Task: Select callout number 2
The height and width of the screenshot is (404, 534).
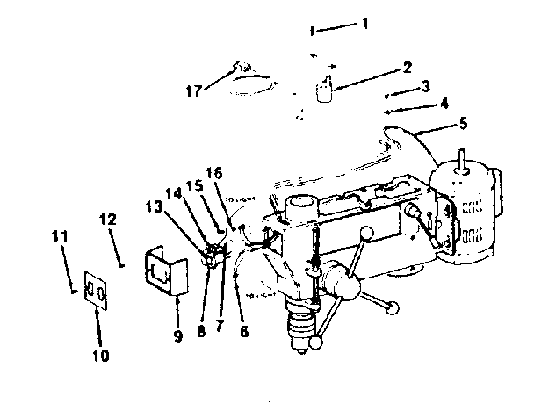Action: tap(408, 67)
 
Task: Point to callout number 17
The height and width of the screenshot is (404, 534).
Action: tap(444, 104)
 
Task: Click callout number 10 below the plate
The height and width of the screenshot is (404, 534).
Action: tap(463, 124)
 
